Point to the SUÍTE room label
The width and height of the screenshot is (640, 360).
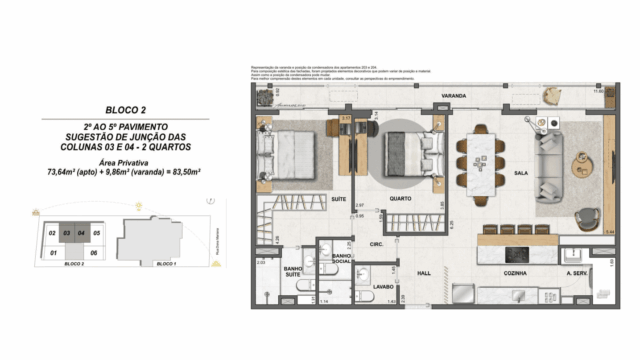point(338,200)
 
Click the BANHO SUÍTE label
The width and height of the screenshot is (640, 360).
point(293,271)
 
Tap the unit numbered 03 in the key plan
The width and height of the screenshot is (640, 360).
point(67,233)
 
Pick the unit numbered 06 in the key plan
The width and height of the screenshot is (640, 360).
point(94,253)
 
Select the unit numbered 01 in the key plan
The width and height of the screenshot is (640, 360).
point(50,253)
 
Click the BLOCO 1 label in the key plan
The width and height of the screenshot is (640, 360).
point(167,265)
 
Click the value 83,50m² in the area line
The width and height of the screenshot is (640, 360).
point(185,173)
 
